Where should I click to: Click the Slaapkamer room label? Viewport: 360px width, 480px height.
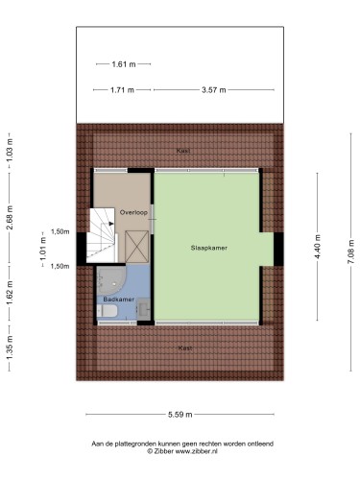209,248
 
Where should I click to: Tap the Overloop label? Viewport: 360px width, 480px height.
133,212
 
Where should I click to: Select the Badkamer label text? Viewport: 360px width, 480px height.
118,300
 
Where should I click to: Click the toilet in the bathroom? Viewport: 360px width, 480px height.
108,311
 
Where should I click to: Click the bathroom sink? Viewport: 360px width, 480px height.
144,309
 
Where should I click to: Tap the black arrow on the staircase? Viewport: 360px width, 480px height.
111,224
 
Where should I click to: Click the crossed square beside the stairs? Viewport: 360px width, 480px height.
136,247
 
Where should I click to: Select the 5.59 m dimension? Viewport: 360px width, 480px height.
180,415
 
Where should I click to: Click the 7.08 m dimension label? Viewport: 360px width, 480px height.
351,252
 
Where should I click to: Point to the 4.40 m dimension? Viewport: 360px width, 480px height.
317,247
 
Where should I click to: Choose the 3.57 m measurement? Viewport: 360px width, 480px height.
213,90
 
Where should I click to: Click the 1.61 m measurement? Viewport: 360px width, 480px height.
124,64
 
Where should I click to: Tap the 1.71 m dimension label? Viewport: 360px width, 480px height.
122,90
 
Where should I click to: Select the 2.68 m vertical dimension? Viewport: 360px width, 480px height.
11,217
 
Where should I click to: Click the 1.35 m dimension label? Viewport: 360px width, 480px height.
11,348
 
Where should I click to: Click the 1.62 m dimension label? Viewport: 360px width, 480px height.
11,293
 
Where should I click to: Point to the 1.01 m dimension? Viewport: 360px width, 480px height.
43,249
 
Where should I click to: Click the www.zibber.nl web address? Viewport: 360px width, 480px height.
197,451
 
